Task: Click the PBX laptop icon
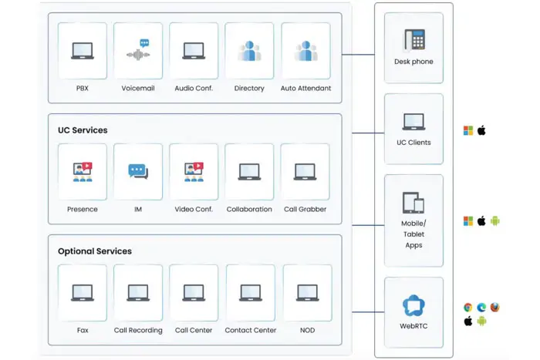pyautogui.click(x=83, y=51)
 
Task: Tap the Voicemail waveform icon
pyautogui.click(x=138, y=50)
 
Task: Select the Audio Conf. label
pyautogui.click(x=194, y=89)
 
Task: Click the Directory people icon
pyautogui.click(x=249, y=51)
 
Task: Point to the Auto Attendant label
pyautogui.click(x=305, y=89)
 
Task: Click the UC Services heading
pyautogui.click(x=83, y=130)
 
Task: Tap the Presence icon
pyautogui.click(x=83, y=171)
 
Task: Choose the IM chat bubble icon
pyautogui.click(x=138, y=171)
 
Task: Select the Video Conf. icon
pyautogui.click(x=194, y=171)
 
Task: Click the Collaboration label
pyautogui.click(x=249, y=209)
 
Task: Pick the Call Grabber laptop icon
pyautogui.click(x=305, y=171)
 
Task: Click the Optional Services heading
pyautogui.click(x=95, y=251)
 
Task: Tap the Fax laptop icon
pyautogui.click(x=83, y=292)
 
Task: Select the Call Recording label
pyautogui.click(x=138, y=331)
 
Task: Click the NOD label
pyautogui.click(x=307, y=331)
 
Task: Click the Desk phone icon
pyautogui.click(x=414, y=39)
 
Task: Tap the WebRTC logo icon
pyautogui.click(x=414, y=306)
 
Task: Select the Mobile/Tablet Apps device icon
pyautogui.click(x=413, y=203)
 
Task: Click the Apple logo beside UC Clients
pyautogui.click(x=481, y=131)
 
